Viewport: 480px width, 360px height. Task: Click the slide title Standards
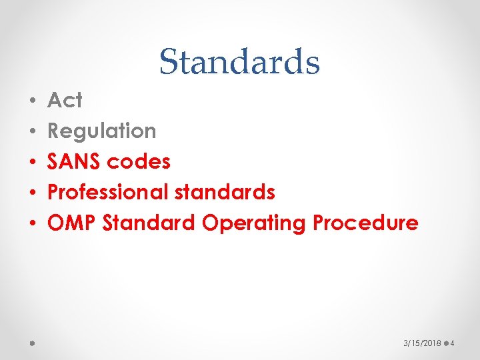point(239,62)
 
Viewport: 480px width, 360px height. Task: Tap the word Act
point(65,101)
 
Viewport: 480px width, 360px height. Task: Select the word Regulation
point(102,131)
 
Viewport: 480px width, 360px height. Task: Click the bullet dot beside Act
point(33,101)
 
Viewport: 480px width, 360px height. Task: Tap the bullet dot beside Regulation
point(33,132)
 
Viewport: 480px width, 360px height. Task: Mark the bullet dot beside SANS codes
point(33,162)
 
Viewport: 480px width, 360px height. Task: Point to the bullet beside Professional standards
point(33,193)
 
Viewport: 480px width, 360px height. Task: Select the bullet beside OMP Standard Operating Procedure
point(33,223)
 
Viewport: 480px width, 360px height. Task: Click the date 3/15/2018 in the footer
point(422,343)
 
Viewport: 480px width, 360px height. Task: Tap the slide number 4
point(452,343)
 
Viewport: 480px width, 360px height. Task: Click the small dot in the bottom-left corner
point(32,344)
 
